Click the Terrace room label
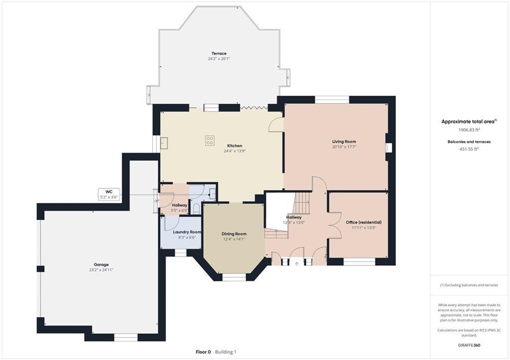(x=219, y=53)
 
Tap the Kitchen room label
(x=235, y=146)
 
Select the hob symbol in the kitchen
(x=210, y=140)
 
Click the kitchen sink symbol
(x=164, y=143)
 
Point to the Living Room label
(x=344, y=141)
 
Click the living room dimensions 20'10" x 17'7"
(x=344, y=147)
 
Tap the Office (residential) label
(x=364, y=223)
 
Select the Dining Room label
(x=234, y=234)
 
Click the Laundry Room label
(x=187, y=232)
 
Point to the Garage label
(x=101, y=265)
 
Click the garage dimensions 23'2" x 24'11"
(x=101, y=270)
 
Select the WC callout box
(x=109, y=194)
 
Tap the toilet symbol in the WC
(x=197, y=209)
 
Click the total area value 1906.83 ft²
(x=469, y=130)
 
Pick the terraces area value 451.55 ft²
(x=469, y=149)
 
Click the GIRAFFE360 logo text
(x=469, y=345)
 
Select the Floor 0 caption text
(x=203, y=352)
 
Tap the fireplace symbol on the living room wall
(x=388, y=147)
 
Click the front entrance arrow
(x=296, y=264)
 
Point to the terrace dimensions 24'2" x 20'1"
(x=219, y=59)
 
